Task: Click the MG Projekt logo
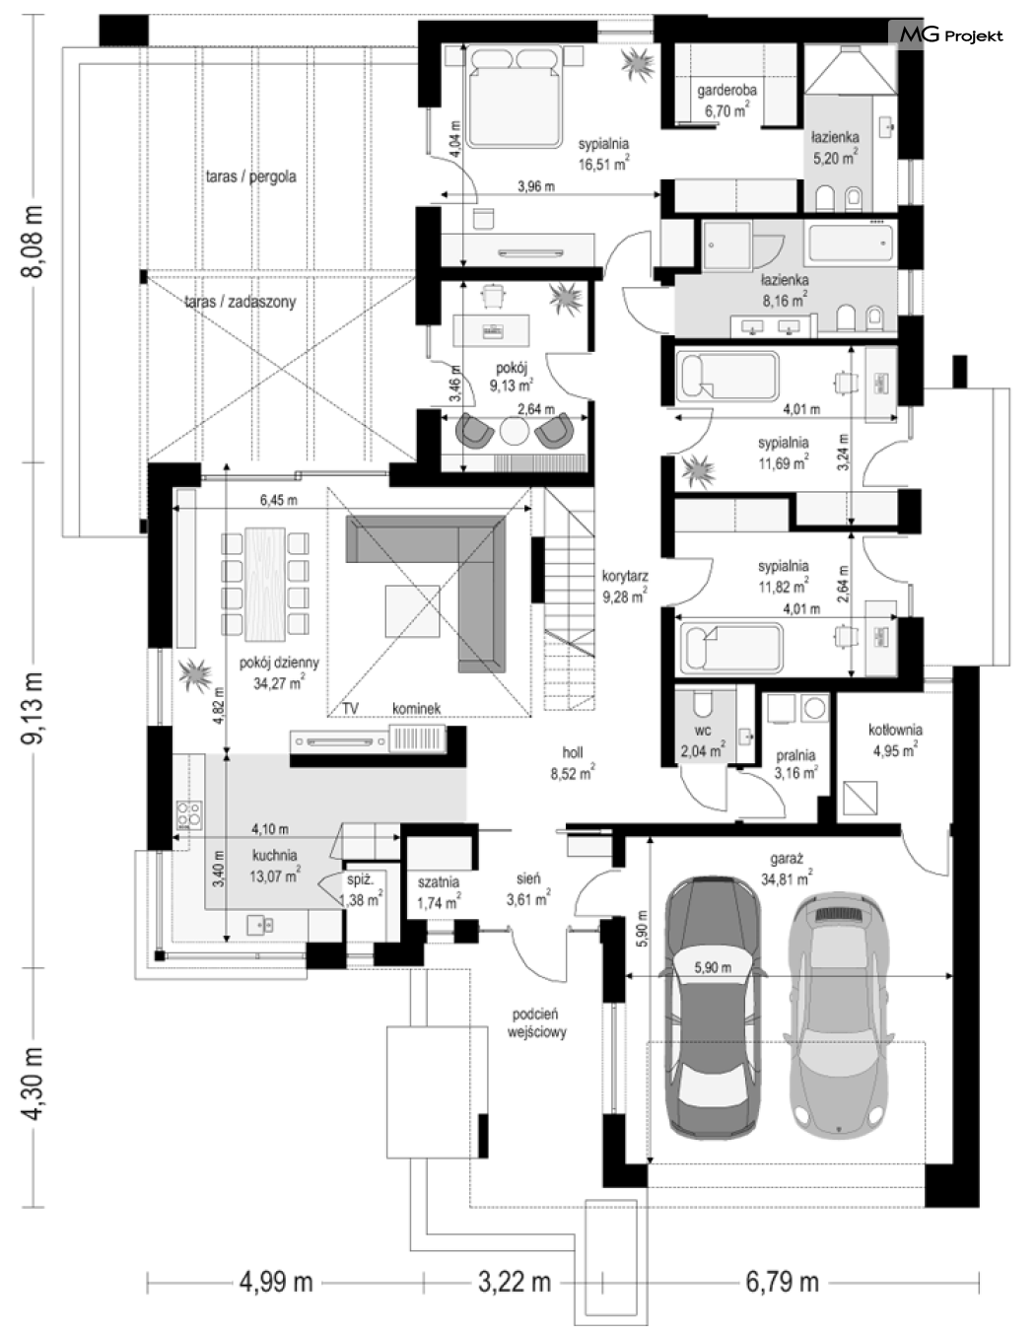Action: point(951,35)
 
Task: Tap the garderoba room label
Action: point(726,90)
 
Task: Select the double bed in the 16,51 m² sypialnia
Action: point(514,99)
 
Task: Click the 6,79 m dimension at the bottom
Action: point(782,1282)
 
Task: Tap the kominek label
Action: point(416,709)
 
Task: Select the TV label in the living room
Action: point(350,709)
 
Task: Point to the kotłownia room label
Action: point(895,730)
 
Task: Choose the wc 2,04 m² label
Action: point(703,741)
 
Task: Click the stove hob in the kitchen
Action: point(189,815)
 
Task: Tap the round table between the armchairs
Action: point(514,431)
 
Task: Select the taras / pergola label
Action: point(250,176)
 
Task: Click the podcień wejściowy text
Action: point(536,1023)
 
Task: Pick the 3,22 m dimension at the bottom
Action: point(514,1282)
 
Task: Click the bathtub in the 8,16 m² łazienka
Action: point(851,243)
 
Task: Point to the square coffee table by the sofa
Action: point(412,611)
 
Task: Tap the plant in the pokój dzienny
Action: point(195,674)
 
